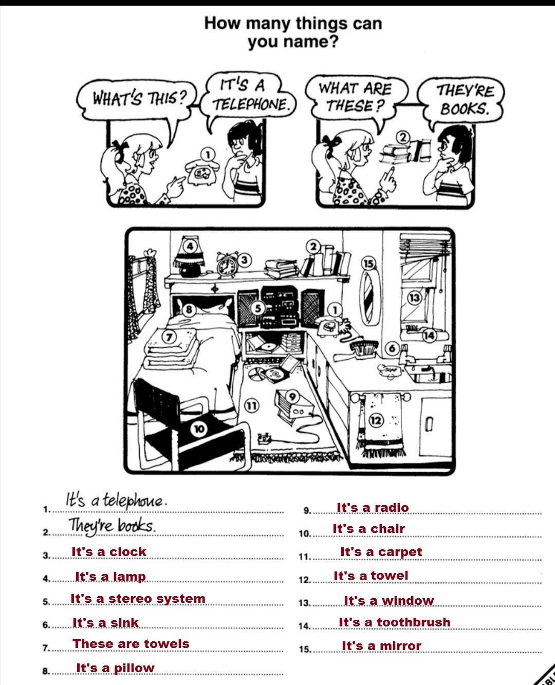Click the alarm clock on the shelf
pos(227,264)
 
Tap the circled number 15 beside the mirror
pos(368,264)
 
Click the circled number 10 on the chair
pos(199,429)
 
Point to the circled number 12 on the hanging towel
pos(376,420)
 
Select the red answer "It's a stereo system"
pos(138,599)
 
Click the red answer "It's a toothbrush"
pos(395,622)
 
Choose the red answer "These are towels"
pos(131,644)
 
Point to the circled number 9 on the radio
pos(292,397)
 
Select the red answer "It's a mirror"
pos(381,646)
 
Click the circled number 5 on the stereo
pos(258,308)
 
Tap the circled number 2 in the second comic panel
pos(403,137)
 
